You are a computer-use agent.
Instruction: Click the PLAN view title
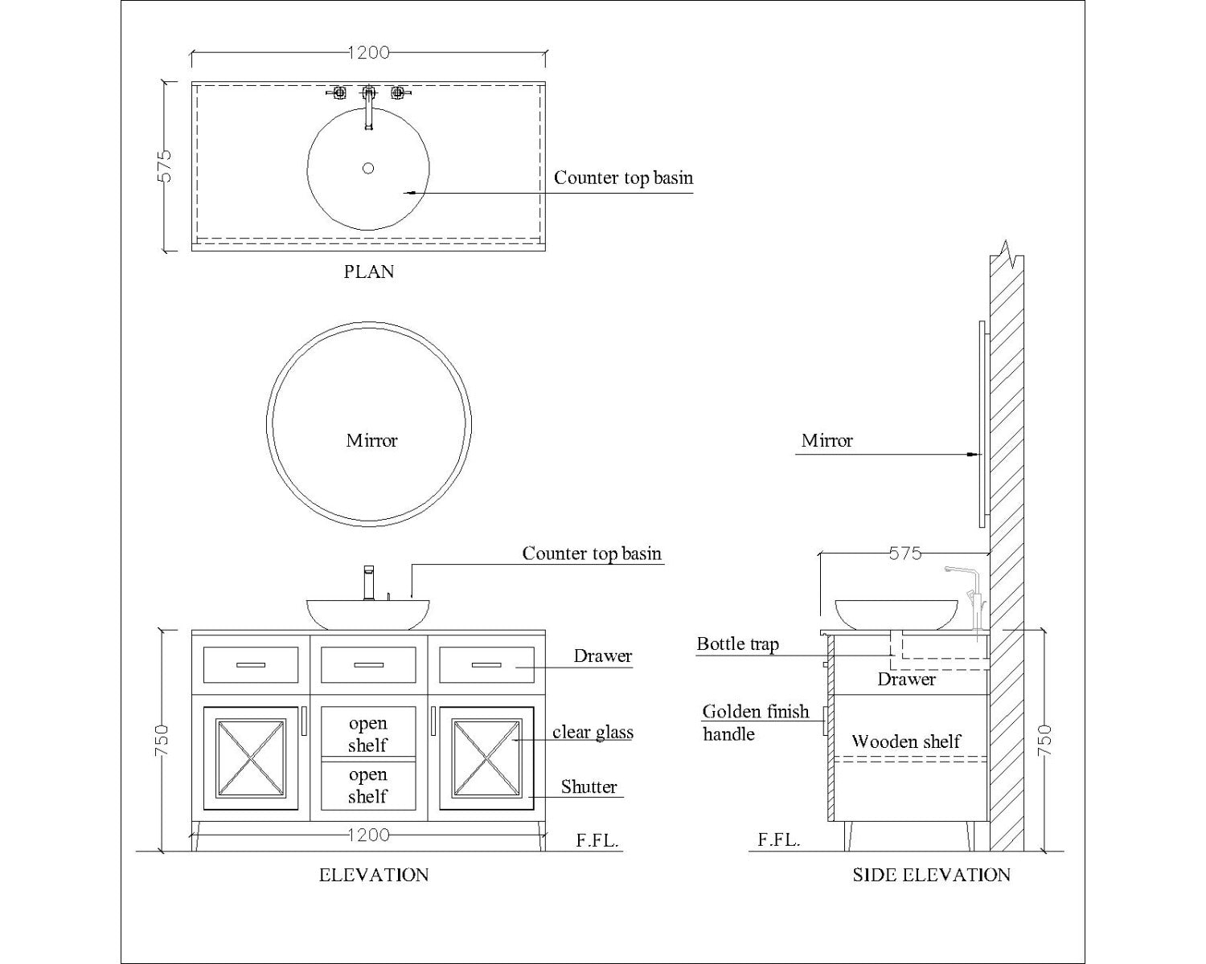pyautogui.click(x=369, y=272)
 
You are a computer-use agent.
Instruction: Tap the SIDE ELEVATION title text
pyautogui.click(x=931, y=875)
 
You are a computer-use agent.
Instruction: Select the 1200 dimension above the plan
pyautogui.click(x=368, y=53)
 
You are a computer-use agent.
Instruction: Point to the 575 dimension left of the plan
pyautogui.click(x=165, y=165)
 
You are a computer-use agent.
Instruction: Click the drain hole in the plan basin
pyautogui.click(x=368, y=168)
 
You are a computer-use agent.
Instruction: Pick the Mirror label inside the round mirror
pyautogui.click(x=371, y=440)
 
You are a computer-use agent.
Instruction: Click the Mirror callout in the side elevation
pyautogui.click(x=827, y=440)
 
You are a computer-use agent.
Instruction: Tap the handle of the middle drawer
pyautogui.click(x=368, y=665)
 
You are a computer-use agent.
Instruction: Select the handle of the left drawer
pyautogui.click(x=251, y=665)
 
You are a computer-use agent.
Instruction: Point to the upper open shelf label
pyautogui.click(x=367, y=733)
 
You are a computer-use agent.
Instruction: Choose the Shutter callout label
pyautogui.click(x=589, y=787)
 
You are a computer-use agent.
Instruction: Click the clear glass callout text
pyautogui.click(x=593, y=732)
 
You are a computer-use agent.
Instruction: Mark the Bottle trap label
pyautogui.click(x=737, y=644)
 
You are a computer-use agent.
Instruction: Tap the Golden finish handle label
pyautogui.click(x=756, y=722)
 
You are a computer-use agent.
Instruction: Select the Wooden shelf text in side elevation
pyautogui.click(x=905, y=741)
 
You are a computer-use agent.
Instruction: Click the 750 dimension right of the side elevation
pyautogui.click(x=1045, y=741)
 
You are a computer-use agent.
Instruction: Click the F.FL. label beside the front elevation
pyautogui.click(x=597, y=840)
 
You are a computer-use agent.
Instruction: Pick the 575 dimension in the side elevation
pyautogui.click(x=905, y=553)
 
